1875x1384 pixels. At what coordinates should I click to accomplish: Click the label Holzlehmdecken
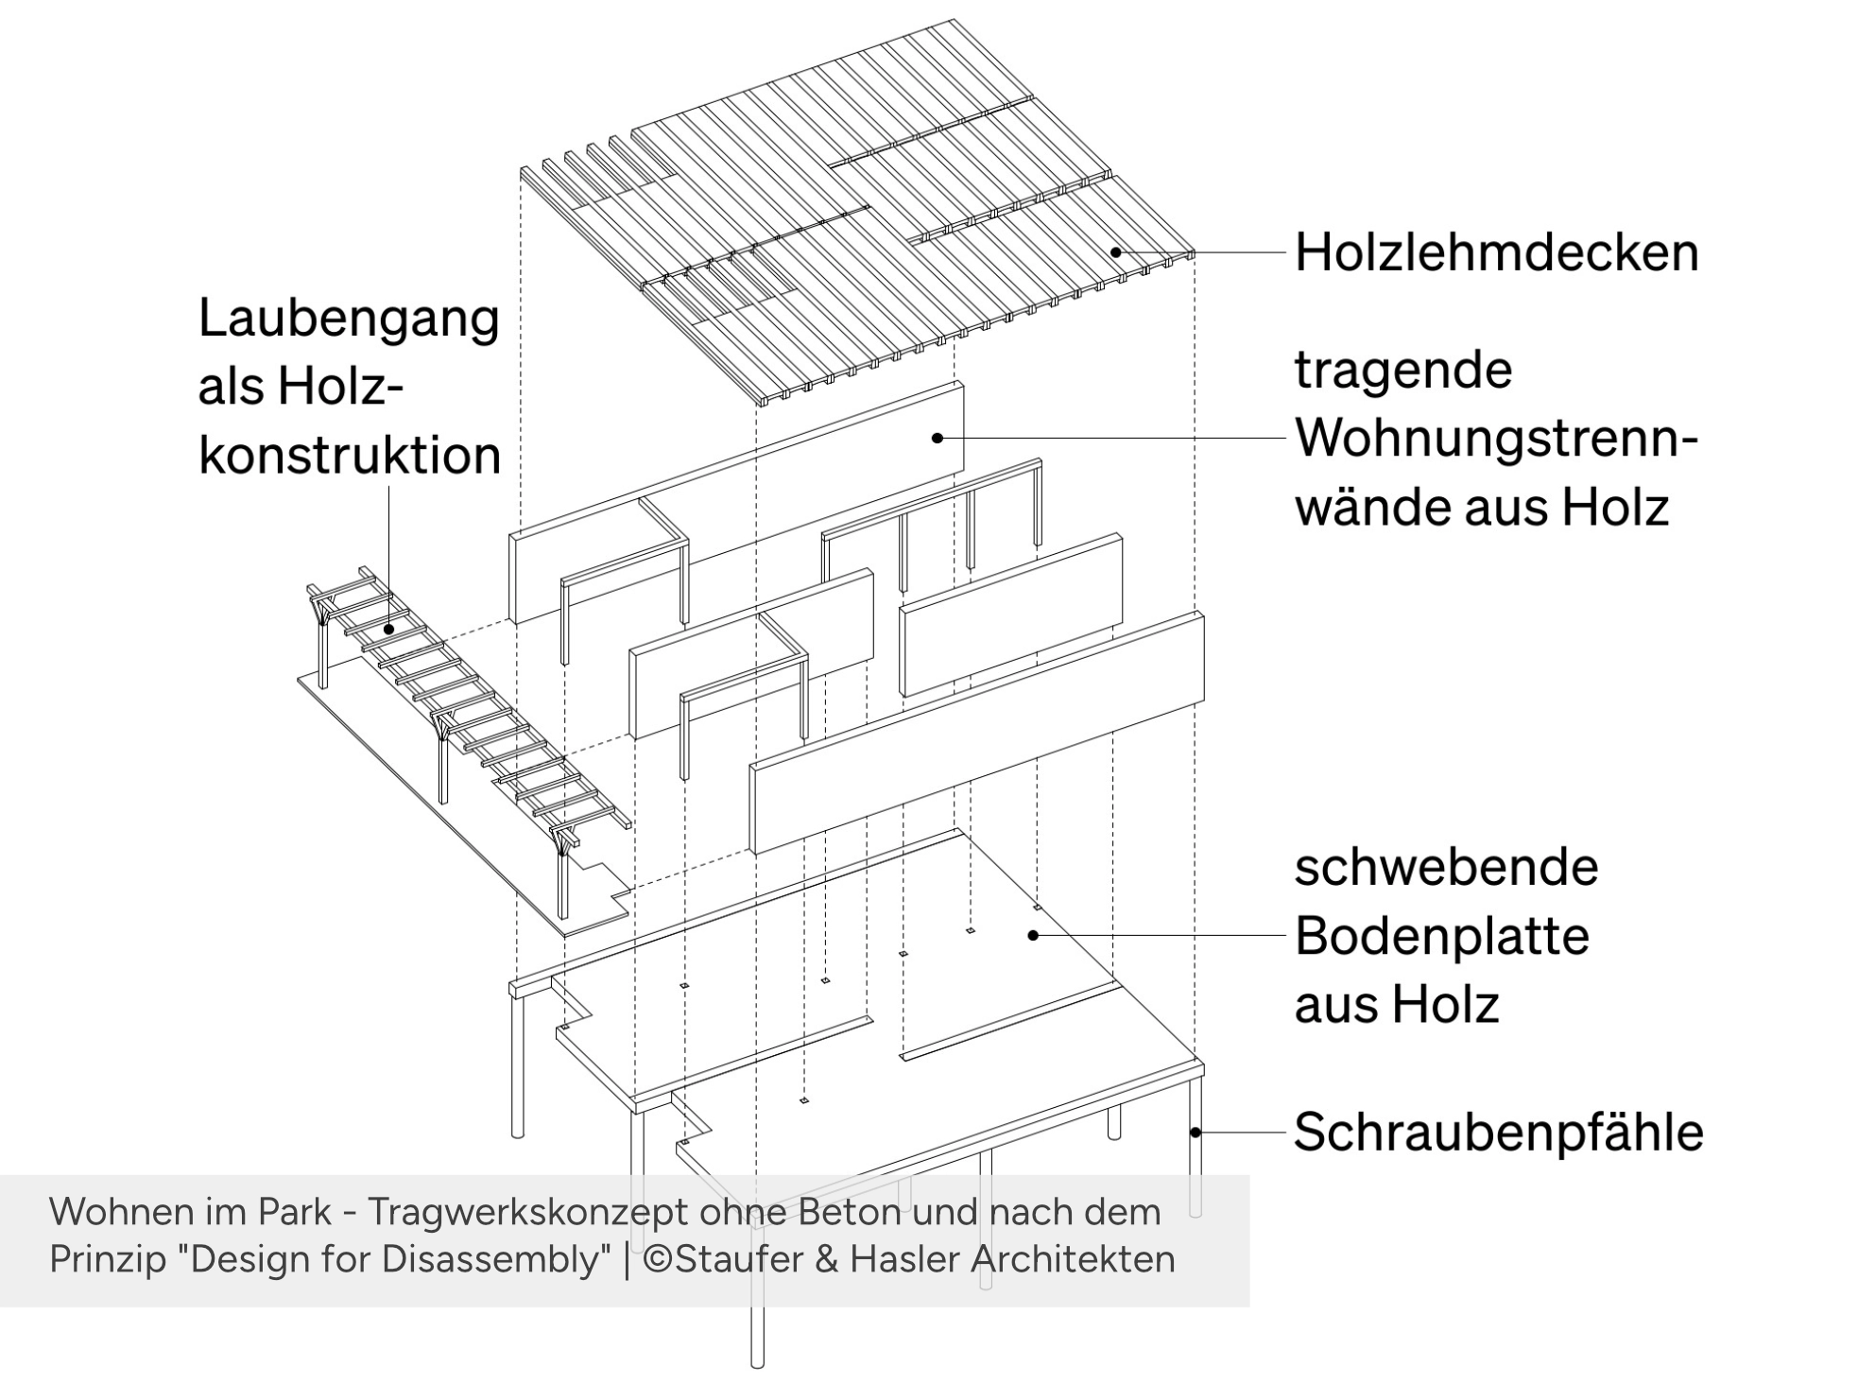coord(1496,253)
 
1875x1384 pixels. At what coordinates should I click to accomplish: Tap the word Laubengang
coord(349,319)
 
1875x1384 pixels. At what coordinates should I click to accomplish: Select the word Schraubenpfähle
coord(1498,1132)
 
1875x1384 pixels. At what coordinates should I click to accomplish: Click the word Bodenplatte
coord(1441,936)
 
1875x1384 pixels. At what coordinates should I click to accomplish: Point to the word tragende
coord(1402,370)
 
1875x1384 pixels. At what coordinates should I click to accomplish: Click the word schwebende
coord(1446,867)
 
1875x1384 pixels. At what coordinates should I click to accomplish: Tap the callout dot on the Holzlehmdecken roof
coord(1116,252)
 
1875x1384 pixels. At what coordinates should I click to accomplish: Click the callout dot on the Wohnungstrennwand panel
coord(937,438)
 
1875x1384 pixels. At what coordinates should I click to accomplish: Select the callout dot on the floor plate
coord(1033,936)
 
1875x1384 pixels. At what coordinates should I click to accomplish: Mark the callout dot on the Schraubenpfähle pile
coord(1196,1132)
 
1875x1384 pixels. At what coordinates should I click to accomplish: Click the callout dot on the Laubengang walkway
coord(389,629)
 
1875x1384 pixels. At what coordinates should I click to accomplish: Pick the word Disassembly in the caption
coord(514,1259)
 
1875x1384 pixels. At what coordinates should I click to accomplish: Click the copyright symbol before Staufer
coord(658,1259)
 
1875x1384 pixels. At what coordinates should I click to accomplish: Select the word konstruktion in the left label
coord(350,456)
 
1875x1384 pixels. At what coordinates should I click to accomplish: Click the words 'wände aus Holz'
coord(1481,508)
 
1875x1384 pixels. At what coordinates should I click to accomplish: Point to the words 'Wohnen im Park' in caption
coord(190,1212)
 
